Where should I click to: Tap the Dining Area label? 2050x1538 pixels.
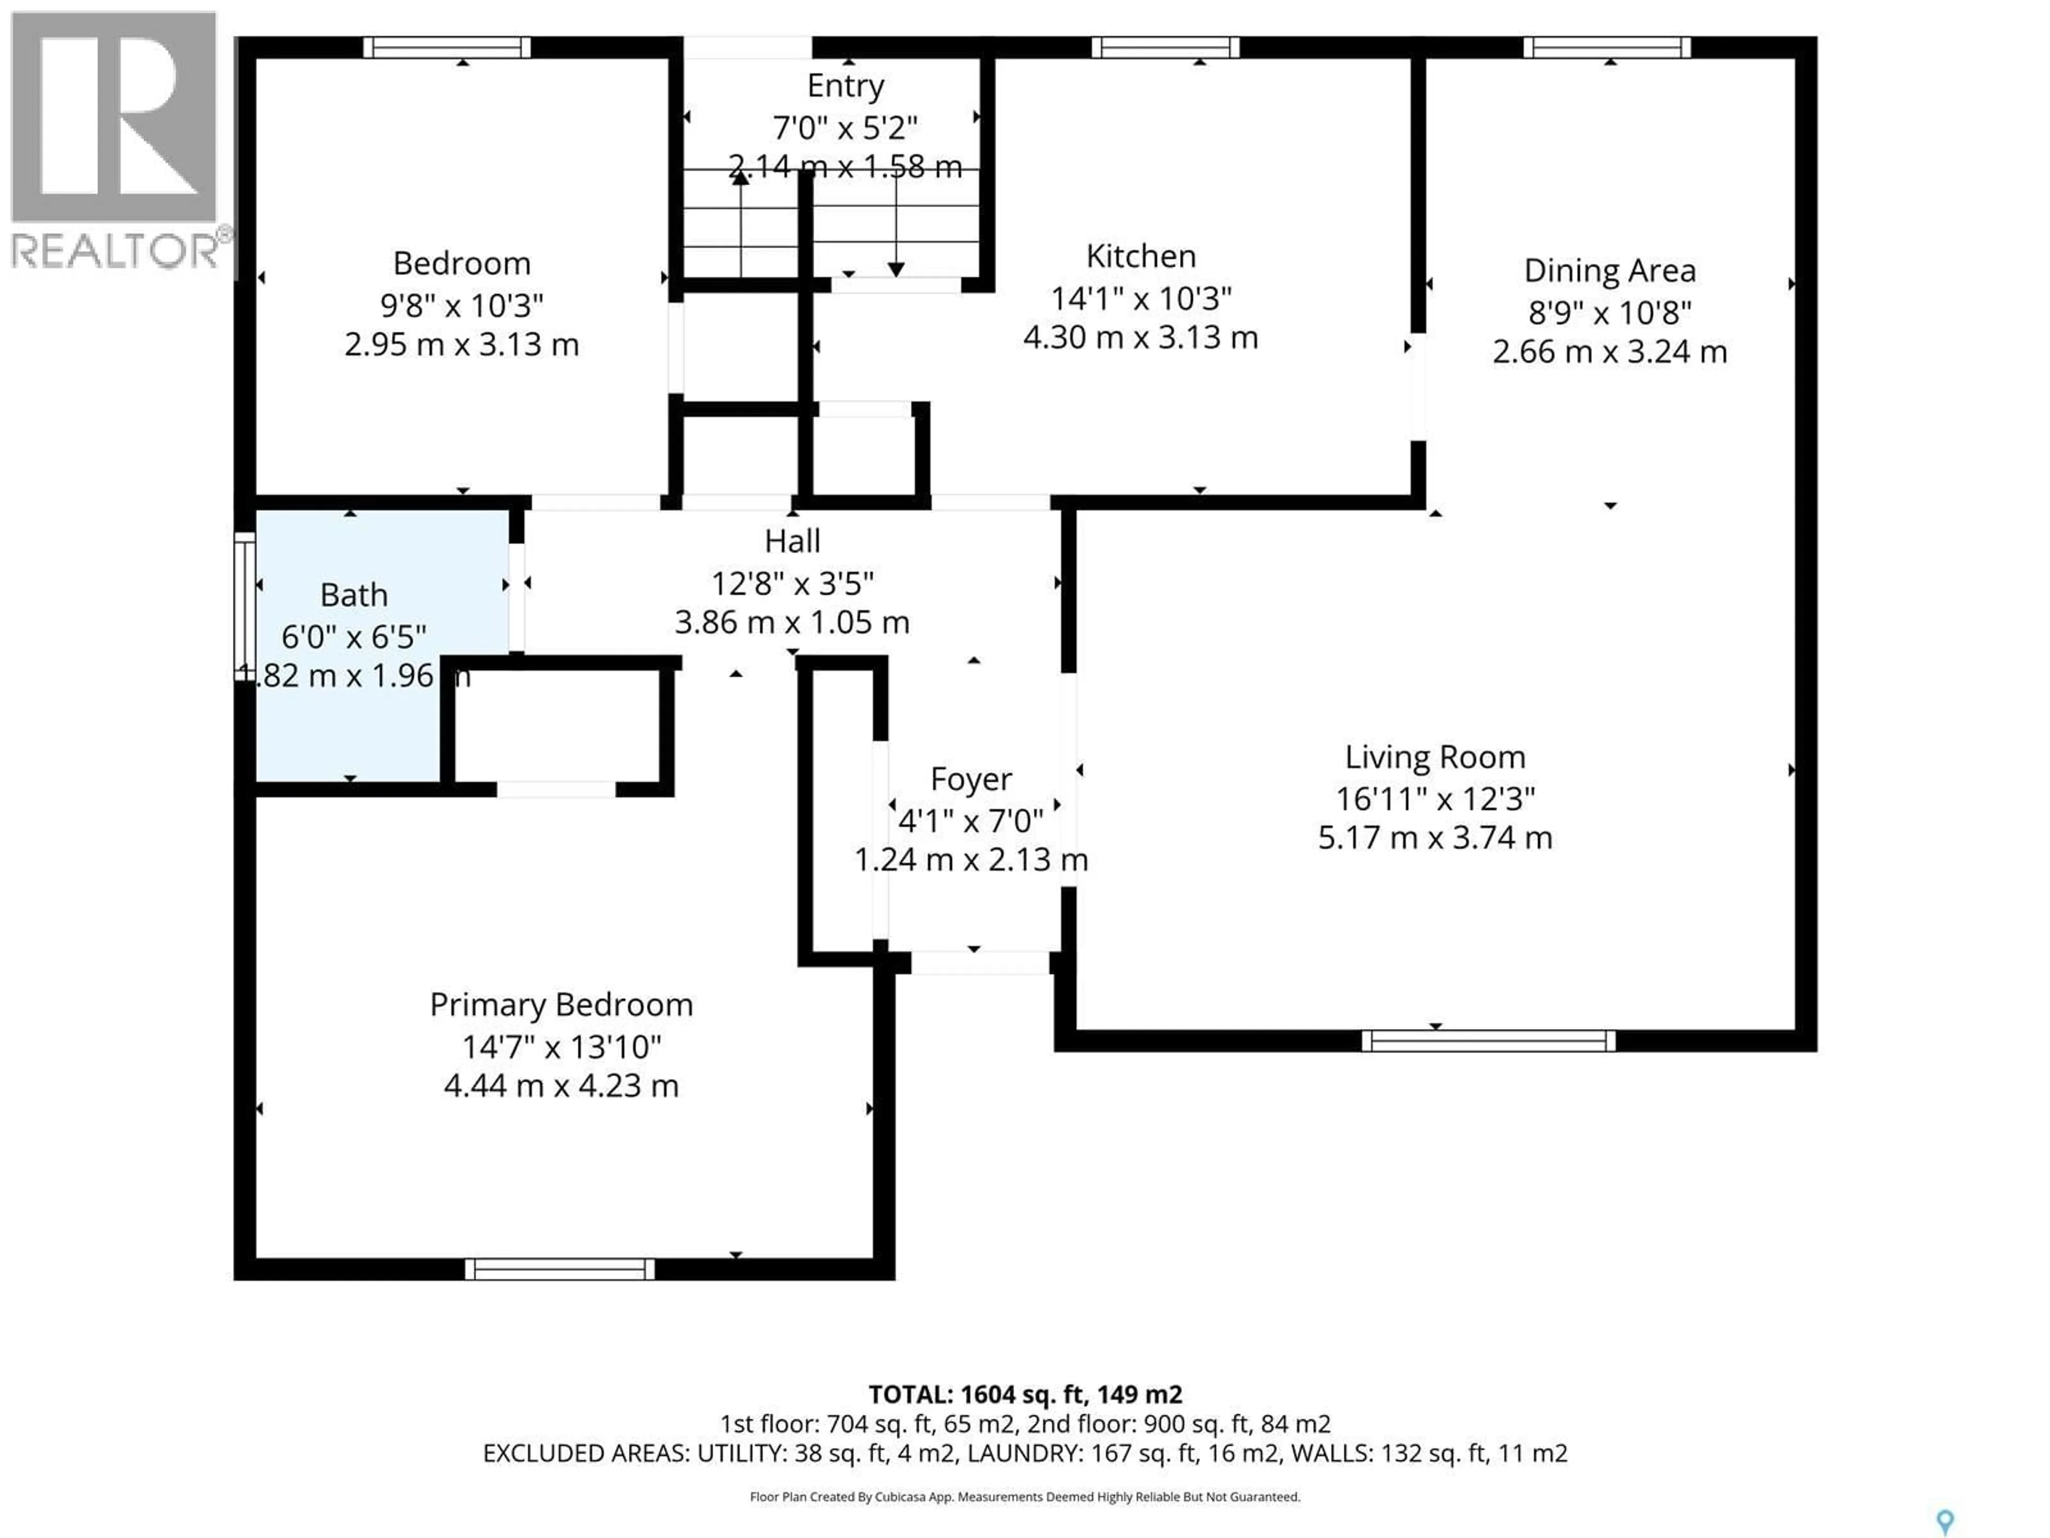click(1610, 271)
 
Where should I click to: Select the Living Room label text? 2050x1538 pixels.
click(1434, 757)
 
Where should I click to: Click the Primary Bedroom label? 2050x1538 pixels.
click(561, 1005)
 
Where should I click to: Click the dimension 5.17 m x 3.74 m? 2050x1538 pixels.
click(1434, 838)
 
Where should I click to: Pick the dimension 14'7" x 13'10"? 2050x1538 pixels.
click(561, 1047)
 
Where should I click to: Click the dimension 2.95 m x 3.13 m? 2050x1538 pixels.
click(462, 345)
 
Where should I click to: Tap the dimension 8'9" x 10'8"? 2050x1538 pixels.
click(1610, 312)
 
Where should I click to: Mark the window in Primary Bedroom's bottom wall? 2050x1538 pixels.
click(560, 1269)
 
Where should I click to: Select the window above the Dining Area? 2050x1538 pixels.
click(1607, 48)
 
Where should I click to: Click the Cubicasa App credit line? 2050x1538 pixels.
click(1024, 1496)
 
